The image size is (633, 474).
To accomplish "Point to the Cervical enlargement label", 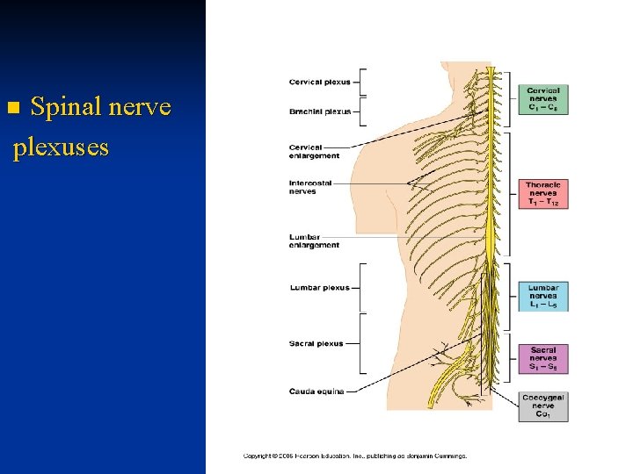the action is coord(314,151).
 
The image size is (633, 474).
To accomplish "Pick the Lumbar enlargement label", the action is coord(314,241).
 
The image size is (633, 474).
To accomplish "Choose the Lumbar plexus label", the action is coord(319,288).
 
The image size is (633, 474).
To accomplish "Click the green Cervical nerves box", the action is coord(543,99).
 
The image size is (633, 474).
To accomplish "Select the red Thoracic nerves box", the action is coord(543,194).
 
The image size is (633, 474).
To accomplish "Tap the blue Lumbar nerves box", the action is coord(543,297).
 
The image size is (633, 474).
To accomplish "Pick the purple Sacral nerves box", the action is coord(543,358).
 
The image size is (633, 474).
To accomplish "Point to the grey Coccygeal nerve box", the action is coord(543,406).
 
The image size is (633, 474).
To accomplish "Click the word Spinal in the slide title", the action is coord(66,109).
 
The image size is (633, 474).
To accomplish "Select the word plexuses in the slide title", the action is coord(61,146).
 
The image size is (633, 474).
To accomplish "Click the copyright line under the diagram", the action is coord(355,456).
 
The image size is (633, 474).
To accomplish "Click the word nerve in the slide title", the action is coord(140,109).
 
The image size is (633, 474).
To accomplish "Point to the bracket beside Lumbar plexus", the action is coord(360,288).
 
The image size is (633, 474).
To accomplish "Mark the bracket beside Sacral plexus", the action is coord(360,343).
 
